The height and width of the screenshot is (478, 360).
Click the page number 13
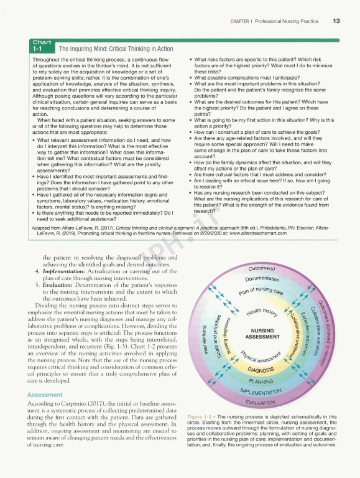[x=336, y=22]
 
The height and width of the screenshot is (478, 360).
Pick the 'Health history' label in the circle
[x=262, y=311]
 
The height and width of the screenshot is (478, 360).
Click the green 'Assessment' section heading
[x=44, y=378]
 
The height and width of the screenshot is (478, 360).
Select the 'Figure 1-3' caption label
[x=200, y=416]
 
